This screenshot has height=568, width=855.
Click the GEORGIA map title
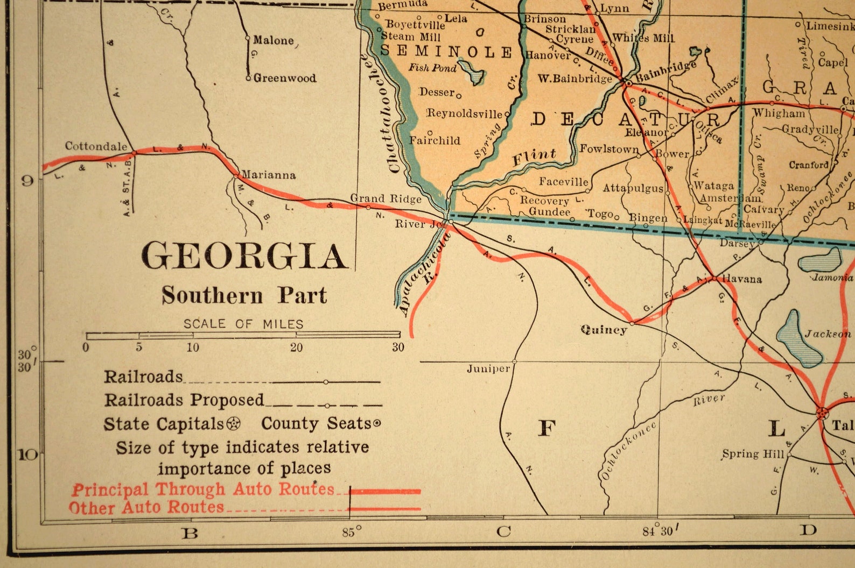coord(244,255)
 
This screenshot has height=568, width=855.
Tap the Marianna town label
coord(268,175)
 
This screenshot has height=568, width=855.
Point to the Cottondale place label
coord(96,146)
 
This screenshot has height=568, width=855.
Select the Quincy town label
coord(604,329)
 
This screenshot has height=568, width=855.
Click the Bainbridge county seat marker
coord(627,83)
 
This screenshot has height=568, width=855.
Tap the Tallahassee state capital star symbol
coord(822,413)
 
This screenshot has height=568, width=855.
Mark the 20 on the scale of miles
coord(296,347)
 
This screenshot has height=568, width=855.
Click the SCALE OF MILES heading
coord(243,324)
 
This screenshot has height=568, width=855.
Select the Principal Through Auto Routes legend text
coord(204,489)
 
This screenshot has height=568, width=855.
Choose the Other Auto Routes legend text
coord(146,507)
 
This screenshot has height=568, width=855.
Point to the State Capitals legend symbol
coord(233,424)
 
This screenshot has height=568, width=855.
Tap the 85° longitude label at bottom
coord(351,532)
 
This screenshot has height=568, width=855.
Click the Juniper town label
coord(488,368)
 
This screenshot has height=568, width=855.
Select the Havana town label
coord(741,279)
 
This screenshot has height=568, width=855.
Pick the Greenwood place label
coord(284,78)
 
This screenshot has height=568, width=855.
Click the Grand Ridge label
coord(386,198)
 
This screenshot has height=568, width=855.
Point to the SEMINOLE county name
coord(446,52)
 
